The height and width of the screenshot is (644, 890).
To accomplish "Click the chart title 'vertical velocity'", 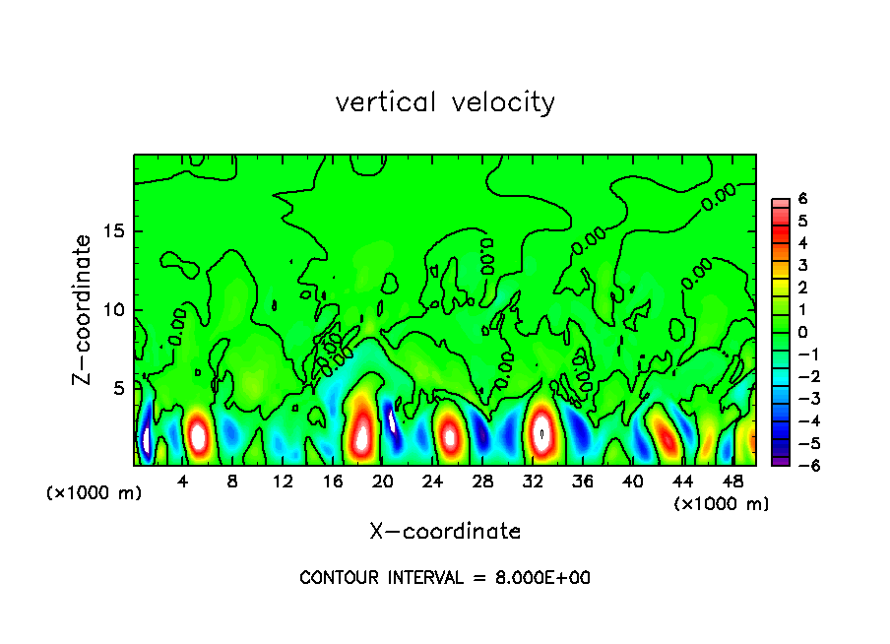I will coord(445,102).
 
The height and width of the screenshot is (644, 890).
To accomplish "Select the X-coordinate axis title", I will coord(445,532).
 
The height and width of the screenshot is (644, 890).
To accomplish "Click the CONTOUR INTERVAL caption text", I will coord(445,578).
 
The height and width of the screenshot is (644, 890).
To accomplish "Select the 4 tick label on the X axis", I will coord(183,482).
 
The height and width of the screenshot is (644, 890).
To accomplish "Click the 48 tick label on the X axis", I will coord(732,482).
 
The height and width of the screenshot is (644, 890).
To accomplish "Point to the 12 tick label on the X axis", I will coord(283,482).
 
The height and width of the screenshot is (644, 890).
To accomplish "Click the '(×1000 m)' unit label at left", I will coord(95,493).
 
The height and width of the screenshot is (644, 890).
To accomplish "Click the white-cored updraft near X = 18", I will coord(362,430).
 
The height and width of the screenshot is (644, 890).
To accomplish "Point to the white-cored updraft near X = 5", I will coord(199,434).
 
